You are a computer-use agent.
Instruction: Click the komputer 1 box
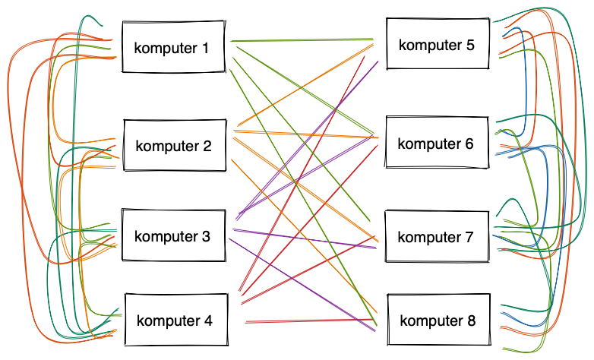(175, 48)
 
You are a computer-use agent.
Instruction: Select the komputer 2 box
(175, 145)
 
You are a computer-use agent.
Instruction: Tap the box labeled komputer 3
(175, 235)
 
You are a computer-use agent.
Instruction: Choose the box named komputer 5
(438, 44)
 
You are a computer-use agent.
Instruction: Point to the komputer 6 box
(438, 143)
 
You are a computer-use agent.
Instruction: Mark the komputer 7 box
(438, 236)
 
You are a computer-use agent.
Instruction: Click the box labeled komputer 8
(438, 321)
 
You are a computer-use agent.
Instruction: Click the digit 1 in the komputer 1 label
(204, 49)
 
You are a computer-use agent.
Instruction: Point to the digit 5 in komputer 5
(470, 45)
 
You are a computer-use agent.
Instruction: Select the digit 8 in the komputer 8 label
(471, 321)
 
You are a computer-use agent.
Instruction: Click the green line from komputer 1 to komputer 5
(304, 38)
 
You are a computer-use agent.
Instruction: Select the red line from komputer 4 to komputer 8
(311, 321)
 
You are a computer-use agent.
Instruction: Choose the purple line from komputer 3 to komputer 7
(304, 238)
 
